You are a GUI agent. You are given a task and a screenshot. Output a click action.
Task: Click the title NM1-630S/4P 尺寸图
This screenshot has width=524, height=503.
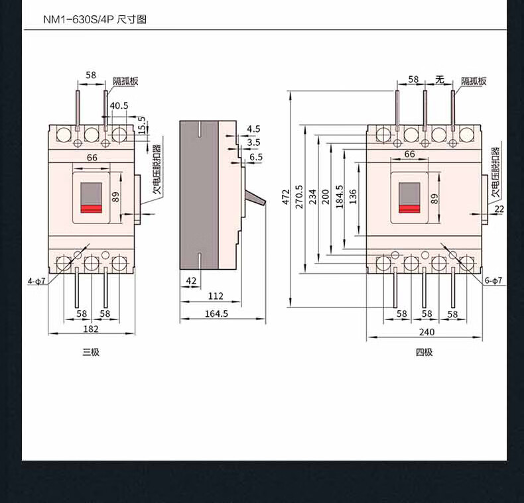point(95,19)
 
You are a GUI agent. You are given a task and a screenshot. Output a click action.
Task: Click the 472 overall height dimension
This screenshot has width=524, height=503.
point(286,197)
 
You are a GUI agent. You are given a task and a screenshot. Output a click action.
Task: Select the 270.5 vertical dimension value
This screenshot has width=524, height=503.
point(299,197)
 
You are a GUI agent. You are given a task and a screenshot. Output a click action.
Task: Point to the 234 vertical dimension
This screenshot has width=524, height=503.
point(312,197)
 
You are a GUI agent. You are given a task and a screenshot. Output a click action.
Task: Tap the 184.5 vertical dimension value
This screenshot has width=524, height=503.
point(339,197)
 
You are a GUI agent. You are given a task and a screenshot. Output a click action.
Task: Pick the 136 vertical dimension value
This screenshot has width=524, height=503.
point(353,197)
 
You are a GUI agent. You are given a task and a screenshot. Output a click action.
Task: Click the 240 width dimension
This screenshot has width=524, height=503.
point(426,332)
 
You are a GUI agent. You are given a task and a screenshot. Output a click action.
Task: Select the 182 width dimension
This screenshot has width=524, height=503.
point(91,329)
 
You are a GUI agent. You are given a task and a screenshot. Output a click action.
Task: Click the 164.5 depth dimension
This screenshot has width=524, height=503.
point(216,313)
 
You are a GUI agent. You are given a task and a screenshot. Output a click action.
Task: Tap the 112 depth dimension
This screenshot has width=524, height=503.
point(216,296)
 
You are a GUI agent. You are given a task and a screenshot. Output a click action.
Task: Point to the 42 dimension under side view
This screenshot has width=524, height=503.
point(191,281)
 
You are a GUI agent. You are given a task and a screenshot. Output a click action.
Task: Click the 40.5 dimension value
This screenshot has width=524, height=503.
point(119,105)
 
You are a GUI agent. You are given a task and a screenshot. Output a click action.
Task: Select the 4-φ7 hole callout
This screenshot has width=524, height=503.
point(36,282)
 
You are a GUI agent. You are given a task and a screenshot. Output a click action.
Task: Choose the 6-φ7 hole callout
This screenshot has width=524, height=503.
point(493,280)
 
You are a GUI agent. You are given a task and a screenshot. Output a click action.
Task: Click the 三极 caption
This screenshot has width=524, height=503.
point(91,352)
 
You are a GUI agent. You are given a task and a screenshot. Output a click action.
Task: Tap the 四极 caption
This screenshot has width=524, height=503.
point(424,352)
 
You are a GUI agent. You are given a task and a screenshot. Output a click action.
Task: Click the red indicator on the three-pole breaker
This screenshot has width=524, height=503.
point(92,209)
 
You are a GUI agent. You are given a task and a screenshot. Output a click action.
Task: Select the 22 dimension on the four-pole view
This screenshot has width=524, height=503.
point(499,209)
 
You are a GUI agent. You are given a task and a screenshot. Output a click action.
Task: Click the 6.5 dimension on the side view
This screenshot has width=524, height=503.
point(256,157)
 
